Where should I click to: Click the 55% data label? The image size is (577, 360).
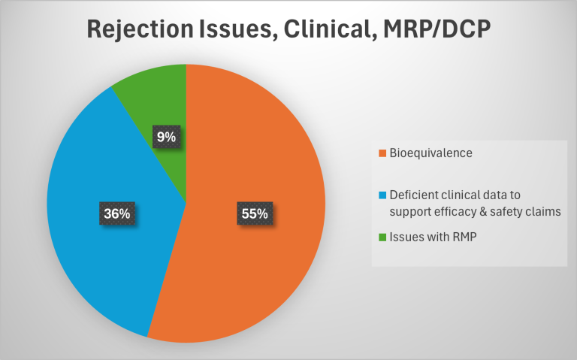[x=255, y=213]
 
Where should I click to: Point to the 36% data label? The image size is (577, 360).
[x=116, y=213]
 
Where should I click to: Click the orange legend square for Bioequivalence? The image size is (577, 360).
[x=383, y=154]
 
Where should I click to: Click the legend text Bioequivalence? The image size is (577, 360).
[x=425, y=154]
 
